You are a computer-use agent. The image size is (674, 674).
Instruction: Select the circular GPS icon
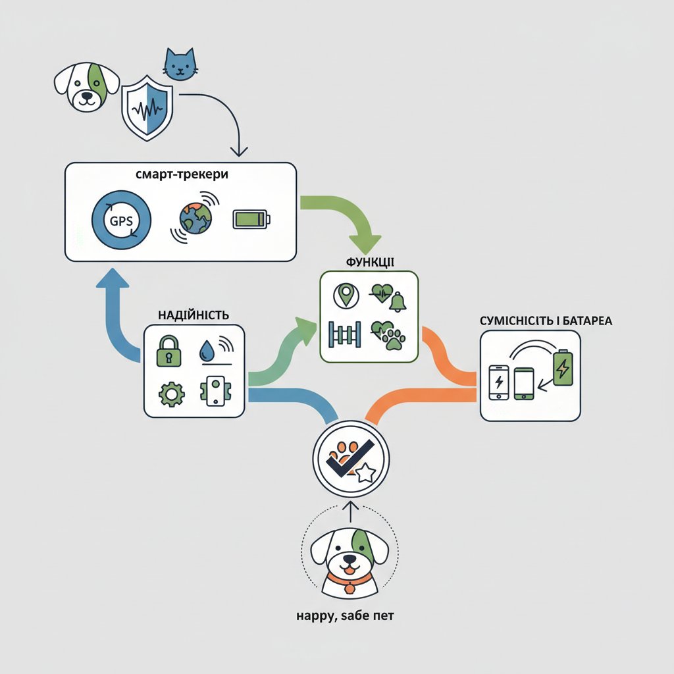coord(122,220)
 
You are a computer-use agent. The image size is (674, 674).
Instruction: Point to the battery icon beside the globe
coord(250,219)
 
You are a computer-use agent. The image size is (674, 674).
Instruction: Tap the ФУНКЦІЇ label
coord(369,262)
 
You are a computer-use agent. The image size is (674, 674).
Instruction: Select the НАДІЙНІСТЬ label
coord(194,315)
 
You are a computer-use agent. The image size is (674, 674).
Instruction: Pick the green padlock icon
coord(168,351)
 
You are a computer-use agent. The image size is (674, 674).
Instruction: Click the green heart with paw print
coord(390,333)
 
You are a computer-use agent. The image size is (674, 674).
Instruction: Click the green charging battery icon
coord(563,367)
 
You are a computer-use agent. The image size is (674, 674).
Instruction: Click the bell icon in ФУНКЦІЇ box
coord(398,303)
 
